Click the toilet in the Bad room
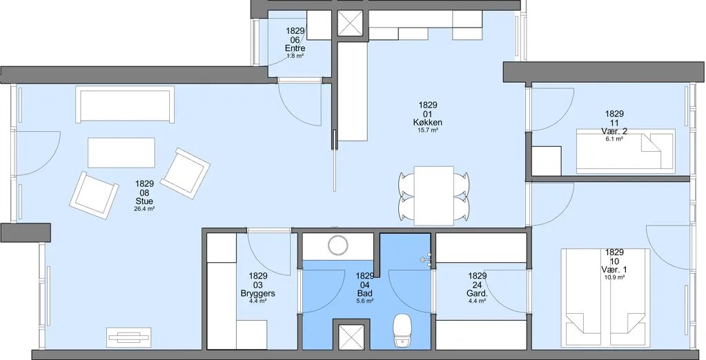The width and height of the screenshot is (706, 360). point(402,331)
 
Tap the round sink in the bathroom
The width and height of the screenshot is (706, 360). point(337,246)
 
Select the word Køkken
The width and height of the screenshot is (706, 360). point(427,122)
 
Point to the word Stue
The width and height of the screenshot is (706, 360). point(144,201)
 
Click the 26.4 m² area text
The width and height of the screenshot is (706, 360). point(144,209)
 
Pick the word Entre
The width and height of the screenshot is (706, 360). point(295,48)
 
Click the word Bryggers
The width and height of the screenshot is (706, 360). point(258,293)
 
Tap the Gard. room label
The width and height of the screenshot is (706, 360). point(478,294)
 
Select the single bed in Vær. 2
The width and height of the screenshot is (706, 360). point(626,151)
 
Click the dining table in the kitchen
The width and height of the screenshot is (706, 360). point(433,195)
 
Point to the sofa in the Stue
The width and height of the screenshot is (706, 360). point(126,104)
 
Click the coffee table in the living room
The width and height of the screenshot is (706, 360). point(121,153)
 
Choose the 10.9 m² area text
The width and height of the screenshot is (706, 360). point(615,278)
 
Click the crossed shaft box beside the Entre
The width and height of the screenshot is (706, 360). point(350,22)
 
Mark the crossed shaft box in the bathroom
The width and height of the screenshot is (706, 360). point(351,336)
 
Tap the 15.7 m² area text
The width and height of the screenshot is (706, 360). point(428,130)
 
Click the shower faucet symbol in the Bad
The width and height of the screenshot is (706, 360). point(425,259)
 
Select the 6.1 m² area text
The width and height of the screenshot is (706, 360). point(615,139)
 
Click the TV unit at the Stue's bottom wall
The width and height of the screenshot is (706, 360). point(129,337)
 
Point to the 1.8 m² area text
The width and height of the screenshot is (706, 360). point(295,56)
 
